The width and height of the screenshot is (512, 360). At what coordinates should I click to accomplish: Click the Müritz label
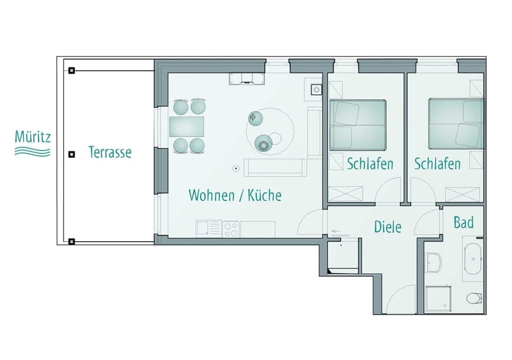[33, 137]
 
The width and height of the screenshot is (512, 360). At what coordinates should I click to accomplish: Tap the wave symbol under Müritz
[33, 152]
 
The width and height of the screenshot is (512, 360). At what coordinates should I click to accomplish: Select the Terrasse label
[109, 152]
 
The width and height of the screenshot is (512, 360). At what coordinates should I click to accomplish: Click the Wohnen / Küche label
[235, 195]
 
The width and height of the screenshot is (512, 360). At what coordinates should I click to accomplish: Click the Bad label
[463, 222]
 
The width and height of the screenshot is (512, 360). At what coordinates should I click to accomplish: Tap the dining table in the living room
[187, 127]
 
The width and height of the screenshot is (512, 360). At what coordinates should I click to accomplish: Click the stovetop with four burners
[231, 229]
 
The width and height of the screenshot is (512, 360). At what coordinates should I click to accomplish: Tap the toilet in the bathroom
[473, 298]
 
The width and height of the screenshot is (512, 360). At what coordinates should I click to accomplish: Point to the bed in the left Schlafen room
[357, 125]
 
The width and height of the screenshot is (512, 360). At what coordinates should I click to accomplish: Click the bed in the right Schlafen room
[455, 124]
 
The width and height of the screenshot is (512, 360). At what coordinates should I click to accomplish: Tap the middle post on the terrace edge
[71, 155]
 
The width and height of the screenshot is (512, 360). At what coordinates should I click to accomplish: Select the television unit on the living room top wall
[247, 79]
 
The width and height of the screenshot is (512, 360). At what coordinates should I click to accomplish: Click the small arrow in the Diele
[336, 231]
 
